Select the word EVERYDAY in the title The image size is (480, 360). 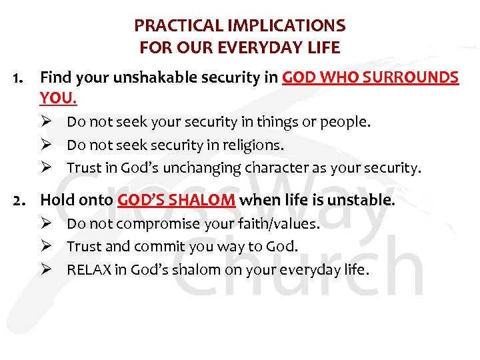click(x=275, y=48)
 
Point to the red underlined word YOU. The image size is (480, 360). click(x=58, y=99)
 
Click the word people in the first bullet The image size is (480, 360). click(x=349, y=123)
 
